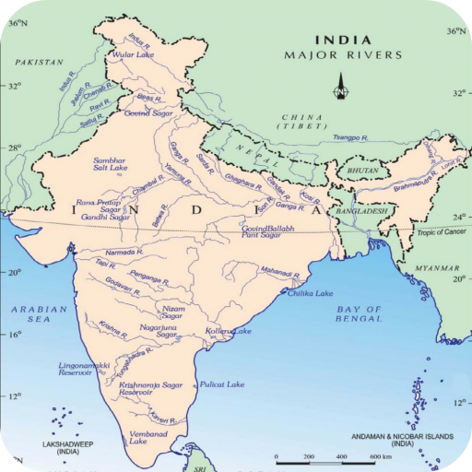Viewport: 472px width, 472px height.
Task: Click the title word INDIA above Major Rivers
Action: pyautogui.click(x=344, y=40)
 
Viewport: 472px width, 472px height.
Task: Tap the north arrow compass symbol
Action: pyautogui.click(x=340, y=89)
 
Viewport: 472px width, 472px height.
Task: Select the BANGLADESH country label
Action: pyautogui.click(x=360, y=210)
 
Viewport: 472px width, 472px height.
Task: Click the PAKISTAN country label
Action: pyautogui.click(x=40, y=63)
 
